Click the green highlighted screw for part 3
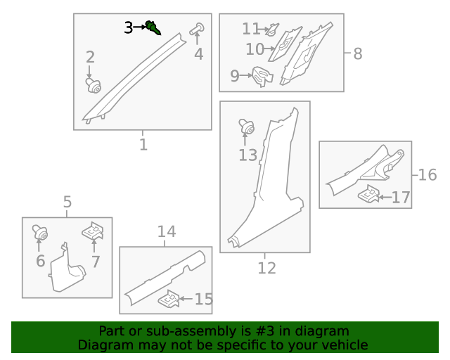pyautogui.click(x=153, y=28)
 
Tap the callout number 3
pyautogui.click(x=128, y=28)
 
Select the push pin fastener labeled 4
pyautogui.click(x=197, y=29)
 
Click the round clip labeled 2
pyautogui.click(x=94, y=86)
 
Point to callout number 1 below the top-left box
pyautogui.click(x=143, y=145)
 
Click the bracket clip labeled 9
pyautogui.click(x=262, y=77)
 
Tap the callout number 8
pyautogui.click(x=358, y=53)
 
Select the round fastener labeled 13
pyautogui.click(x=247, y=127)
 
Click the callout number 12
pyautogui.click(x=266, y=268)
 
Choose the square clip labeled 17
pyautogui.click(x=368, y=193)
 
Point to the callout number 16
pyautogui.click(x=427, y=175)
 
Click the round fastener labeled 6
pyautogui.click(x=40, y=232)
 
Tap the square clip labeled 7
pyautogui.click(x=93, y=231)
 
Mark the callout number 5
pyautogui.click(x=67, y=202)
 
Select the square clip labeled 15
pyautogui.click(x=169, y=299)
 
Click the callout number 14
pyautogui.click(x=167, y=231)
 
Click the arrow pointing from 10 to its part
pyautogui.click(x=269, y=49)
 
